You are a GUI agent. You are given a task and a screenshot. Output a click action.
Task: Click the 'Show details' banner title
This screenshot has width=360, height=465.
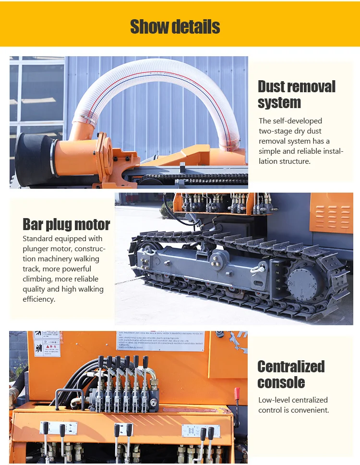click(175, 27)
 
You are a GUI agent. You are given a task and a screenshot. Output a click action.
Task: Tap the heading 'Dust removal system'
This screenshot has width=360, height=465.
click(296, 94)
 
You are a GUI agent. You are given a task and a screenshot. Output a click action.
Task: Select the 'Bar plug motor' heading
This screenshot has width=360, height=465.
click(66, 224)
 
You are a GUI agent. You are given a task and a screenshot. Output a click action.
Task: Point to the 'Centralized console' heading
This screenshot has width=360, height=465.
click(291, 374)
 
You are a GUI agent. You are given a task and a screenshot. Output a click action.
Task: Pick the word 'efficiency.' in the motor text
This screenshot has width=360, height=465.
click(39, 299)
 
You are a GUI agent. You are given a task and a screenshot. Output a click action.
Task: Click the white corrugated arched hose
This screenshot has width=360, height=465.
click(158, 82)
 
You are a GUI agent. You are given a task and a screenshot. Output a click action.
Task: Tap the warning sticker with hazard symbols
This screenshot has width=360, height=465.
click(47, 344)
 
